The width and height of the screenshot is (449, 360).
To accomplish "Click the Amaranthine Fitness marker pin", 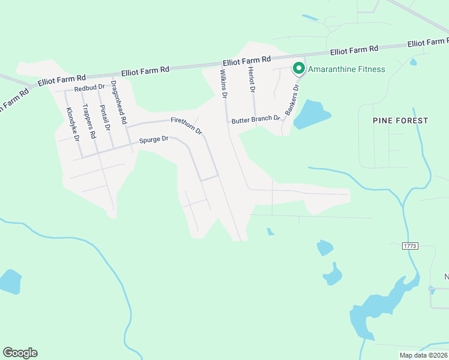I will (x=298, y=68).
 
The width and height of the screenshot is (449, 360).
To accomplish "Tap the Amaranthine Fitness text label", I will (x=346, y=69).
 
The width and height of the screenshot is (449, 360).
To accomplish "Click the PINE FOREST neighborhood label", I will (x=400, y=121).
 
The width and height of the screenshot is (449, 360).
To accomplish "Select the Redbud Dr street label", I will (x=89, y=88).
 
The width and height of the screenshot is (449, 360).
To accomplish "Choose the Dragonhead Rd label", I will (x=119, y=103).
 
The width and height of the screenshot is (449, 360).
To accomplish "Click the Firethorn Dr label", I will (x=187, y=125).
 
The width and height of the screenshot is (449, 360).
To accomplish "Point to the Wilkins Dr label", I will (x=224, y=84).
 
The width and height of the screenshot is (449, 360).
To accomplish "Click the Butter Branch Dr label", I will (x=256, y=120).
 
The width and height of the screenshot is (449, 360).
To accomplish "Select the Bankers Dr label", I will (x=292, y=100).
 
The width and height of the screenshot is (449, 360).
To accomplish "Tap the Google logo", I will (x=20, y=353).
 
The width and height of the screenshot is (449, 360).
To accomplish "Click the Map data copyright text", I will (x=423, y=355).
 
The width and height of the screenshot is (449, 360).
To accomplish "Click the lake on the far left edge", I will (x=8, y=281).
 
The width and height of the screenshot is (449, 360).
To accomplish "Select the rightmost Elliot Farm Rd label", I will (x=427, y=43).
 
